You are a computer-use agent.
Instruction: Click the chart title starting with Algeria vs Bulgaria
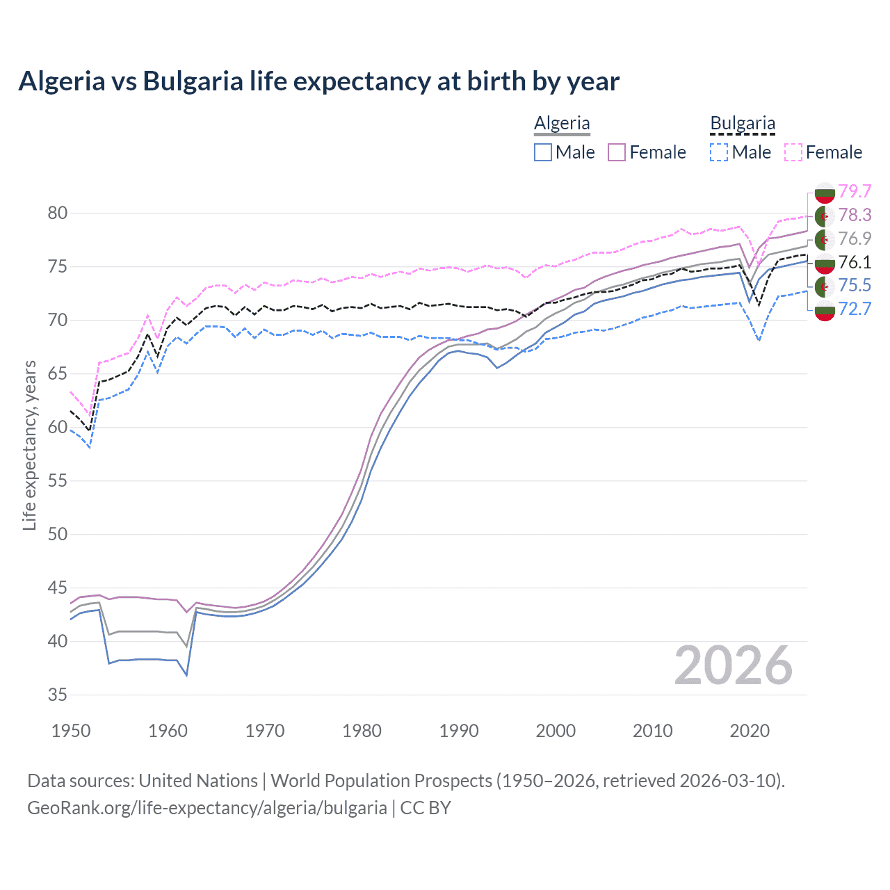point(318,81)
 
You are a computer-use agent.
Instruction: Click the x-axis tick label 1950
point(71,731)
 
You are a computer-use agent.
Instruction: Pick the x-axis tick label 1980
point(362,731)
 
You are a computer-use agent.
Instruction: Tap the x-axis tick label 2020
point(750,731)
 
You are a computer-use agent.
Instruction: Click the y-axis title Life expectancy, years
point(29,445)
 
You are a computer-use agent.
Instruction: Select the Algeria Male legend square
point(543,152)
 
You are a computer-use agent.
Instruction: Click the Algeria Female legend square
point(617,152)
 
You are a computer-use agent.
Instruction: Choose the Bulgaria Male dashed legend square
point(719,152)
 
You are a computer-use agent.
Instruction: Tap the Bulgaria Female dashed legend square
point(793,152)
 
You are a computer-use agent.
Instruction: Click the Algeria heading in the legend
point(562,124)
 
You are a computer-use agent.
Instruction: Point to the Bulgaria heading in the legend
point(742,124)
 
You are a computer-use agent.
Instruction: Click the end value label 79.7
point(855,191)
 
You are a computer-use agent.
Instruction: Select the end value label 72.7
point(855,309)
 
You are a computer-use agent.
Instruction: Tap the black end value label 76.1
point(855,262)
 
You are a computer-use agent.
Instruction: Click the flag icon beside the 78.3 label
point(825,216)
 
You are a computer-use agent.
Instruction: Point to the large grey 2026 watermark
point(733,665)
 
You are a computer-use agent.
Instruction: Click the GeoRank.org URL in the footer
point(207,808)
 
